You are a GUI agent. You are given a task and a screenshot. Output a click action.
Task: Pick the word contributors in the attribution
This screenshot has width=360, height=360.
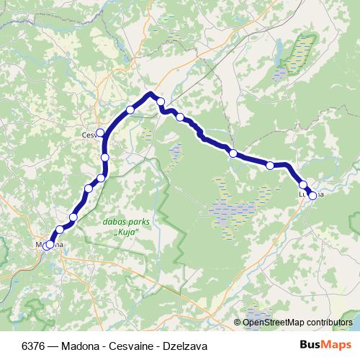pos(328,323)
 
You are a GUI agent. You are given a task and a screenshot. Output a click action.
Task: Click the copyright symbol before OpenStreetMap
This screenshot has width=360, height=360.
pos(238,323)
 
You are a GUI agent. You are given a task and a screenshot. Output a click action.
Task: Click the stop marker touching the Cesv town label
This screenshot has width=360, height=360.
pos(100,132)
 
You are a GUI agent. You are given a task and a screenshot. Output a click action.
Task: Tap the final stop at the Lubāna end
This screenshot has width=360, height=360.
pos(312,195)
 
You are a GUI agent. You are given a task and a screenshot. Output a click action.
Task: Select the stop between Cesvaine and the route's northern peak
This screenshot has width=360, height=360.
pos(130,109)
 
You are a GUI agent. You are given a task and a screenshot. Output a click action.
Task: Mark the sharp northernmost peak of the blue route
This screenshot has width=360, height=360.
pos(150,93)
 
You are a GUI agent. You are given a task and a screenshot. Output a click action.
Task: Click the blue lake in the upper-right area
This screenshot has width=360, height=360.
pos(277,51)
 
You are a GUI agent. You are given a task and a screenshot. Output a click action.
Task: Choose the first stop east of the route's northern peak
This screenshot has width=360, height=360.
pos(161,102)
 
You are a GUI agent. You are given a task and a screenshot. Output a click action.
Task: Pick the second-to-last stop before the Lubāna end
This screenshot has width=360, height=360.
pos(303,184)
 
